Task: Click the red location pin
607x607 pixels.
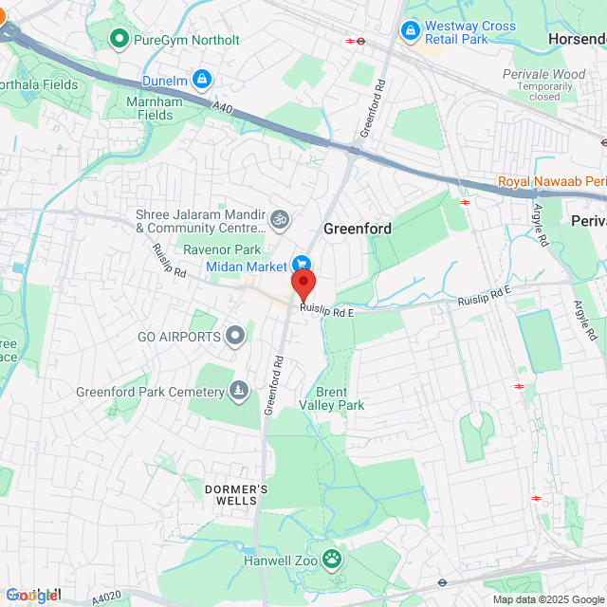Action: tap(303, 284)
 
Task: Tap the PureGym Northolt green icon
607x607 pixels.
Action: tap(120, 39)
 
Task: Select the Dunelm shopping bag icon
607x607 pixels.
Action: tap(201, 79)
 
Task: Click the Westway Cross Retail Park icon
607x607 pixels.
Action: tap(411, 32)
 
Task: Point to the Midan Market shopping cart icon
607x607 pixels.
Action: tap(302, 265)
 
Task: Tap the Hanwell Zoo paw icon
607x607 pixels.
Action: tap(332, 558)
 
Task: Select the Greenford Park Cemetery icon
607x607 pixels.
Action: tap(238, 391)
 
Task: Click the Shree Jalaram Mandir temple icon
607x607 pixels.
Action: tap(279, 220)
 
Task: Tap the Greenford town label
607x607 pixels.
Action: tap(358, 229)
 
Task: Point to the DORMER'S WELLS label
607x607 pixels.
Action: tap(236, 494)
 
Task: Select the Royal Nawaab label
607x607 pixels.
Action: tap(550, 181)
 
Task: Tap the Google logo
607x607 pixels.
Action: tap(31, 596)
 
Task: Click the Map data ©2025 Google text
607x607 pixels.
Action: tap(546, 599)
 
